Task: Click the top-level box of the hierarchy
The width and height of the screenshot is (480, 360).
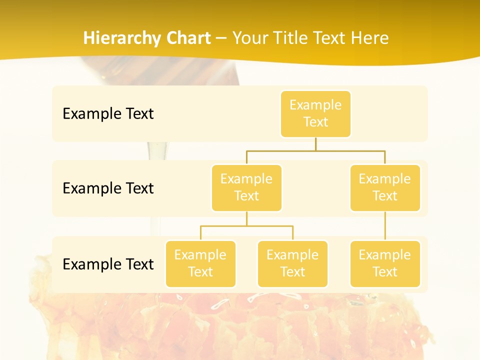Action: pyautogui.click(x=315, y=113)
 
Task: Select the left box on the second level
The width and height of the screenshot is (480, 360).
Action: pyautogui.click(x=246, y=187)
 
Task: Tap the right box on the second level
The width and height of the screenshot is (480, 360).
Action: pyautogui.click(x=385, y=187)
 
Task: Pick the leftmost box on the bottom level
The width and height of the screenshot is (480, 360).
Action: pyautogui.click(x=200, y=263)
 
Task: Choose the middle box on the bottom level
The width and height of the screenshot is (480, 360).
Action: pyautogui.click(x=292, y=263)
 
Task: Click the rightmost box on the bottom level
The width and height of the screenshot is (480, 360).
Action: pyautogui.click(x=385, y=263)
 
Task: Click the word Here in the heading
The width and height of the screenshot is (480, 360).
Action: pyautogui.click(x=370, y=38)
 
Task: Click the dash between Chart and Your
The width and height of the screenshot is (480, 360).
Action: pyautogui.click(x=221, y=38)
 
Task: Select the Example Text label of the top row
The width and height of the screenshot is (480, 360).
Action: pyautogui.click(x=108, y=113)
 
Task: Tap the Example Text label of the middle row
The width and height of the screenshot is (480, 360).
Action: pyautogui.click(x=108, y=188)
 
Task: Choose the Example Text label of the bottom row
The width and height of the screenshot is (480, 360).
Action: pyautogui.click(x=108, y=264)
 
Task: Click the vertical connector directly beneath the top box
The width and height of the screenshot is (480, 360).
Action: pyautogui.click(x=315, y=144)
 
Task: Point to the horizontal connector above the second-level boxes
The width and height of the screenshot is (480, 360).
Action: pyautogui.click(x=315, y=150)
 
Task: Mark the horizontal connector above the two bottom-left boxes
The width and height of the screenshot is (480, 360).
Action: pyautogui.click(x=246, y=226)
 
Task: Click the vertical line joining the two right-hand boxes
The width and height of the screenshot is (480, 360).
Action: pyautogui.click(x=385, y=226)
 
